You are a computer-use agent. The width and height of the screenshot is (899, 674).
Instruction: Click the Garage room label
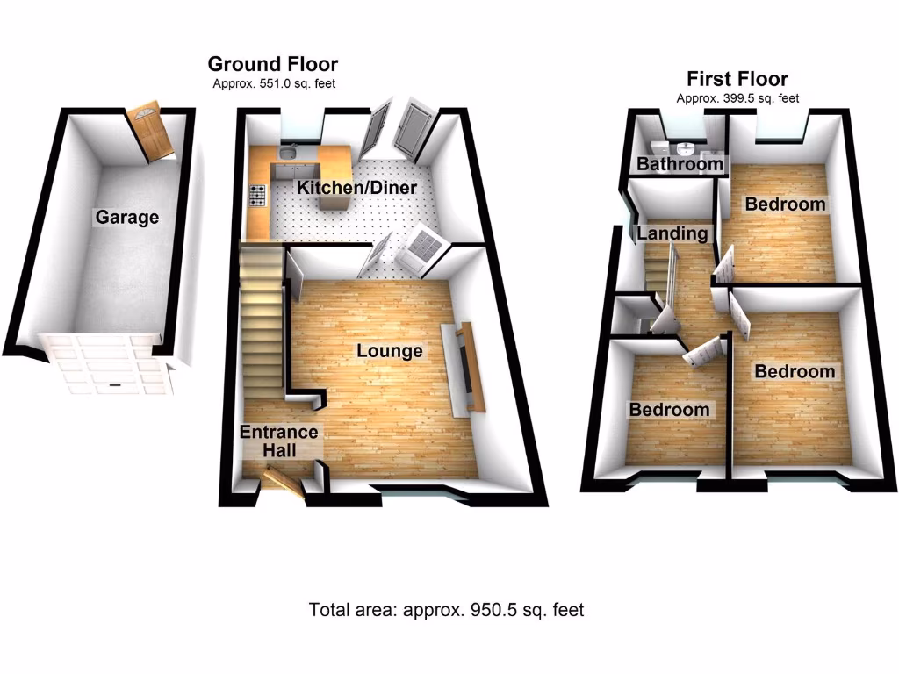pyautogui.click(x=128, y=217)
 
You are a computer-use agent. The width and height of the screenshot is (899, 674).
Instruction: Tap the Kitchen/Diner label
pyautogui.click(x=356, y=188)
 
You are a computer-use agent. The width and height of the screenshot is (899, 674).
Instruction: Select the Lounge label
pyautogui.click(x=389, y=351)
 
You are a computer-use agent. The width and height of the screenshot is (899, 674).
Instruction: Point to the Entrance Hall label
pyautogui.click(x=279, y=441)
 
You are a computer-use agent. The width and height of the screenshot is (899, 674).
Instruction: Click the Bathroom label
pyautogui.click(x=680, y=164)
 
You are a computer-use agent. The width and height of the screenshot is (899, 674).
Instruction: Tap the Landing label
pyautogui.click(x=672, y=233)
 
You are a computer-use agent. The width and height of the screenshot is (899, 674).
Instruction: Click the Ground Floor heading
pyautogui.click(x=272, y=64)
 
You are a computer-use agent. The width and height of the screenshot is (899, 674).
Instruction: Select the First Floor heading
pyautogui.click(x=737, y=79)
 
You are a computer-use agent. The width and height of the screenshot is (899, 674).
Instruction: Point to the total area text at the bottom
pyautogui.click(x=446, y=609)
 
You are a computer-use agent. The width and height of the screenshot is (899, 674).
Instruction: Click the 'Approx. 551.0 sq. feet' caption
pyautogui.click(x=274, y=84)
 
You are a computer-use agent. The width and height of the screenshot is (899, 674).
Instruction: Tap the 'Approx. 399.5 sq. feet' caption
pyautogui.click(x=737, y=99)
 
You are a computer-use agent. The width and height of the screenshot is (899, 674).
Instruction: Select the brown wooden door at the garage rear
pyautogui.click(x=148, y=133)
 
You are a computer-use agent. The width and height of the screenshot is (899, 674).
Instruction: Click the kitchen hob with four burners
pyautogui.click(x=258, y=196)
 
